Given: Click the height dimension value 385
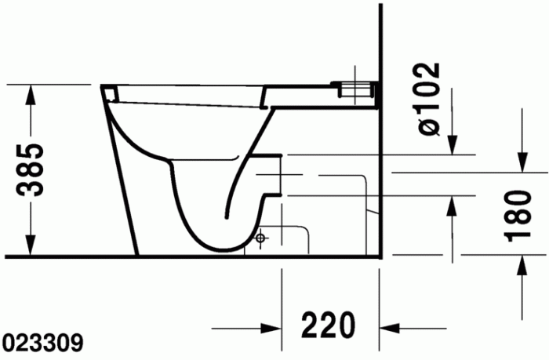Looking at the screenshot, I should click(31, 170).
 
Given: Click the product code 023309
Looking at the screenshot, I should click(44, 343).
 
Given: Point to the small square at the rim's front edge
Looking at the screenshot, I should click(110, 93).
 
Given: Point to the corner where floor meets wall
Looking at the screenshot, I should click(380, 256).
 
